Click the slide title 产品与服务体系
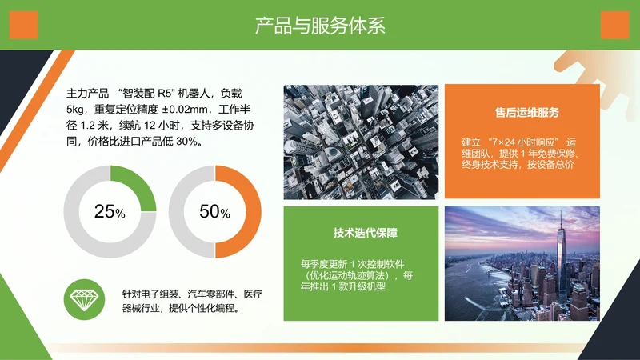pos(320,26)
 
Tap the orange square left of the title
pos(24,25)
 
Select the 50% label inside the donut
pos(214,212)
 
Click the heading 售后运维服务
pos(521,112)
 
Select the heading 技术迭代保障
pos(361,234)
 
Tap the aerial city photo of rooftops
pos(361,142)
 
